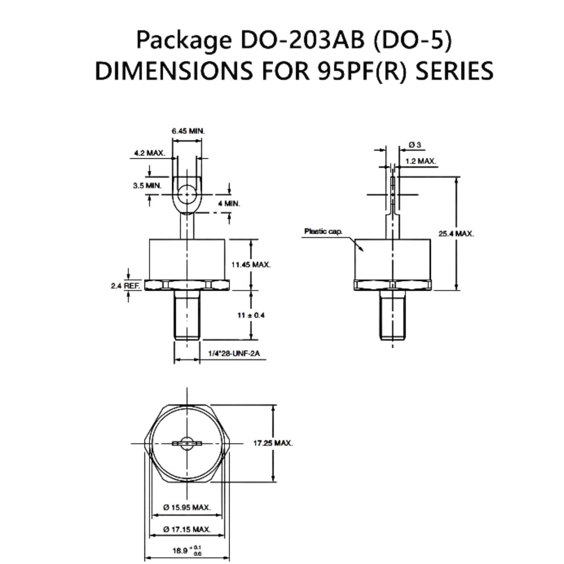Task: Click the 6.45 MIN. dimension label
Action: [x=188, y=131]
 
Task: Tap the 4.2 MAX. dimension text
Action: [x=149, y=153]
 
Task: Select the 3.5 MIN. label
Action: [x=147, y=185]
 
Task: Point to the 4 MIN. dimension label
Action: [x=229, y=203]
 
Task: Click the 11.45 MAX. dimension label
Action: [x=251, y=265]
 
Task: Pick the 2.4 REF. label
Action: [x=126, y=286]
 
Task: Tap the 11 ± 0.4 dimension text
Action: [x=251, y=315]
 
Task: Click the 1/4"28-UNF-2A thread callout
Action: [x=234, y=354]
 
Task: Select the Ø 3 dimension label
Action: [x=415, y=144]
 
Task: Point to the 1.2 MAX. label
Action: [x=421, y=161]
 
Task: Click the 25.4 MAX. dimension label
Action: [x=456, y=233]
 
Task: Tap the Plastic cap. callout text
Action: [x=323, y=231]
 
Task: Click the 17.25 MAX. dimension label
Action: [x=273, y=443]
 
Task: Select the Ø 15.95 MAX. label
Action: [x=187, y=507]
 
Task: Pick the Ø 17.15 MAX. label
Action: [x=187, y=530]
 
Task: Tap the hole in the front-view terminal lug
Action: [x=187, y=194]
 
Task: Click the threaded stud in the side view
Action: [x=393, y=315]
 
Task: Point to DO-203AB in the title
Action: [x=302, y=40]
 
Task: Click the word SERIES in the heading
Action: [x=455, y=71]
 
